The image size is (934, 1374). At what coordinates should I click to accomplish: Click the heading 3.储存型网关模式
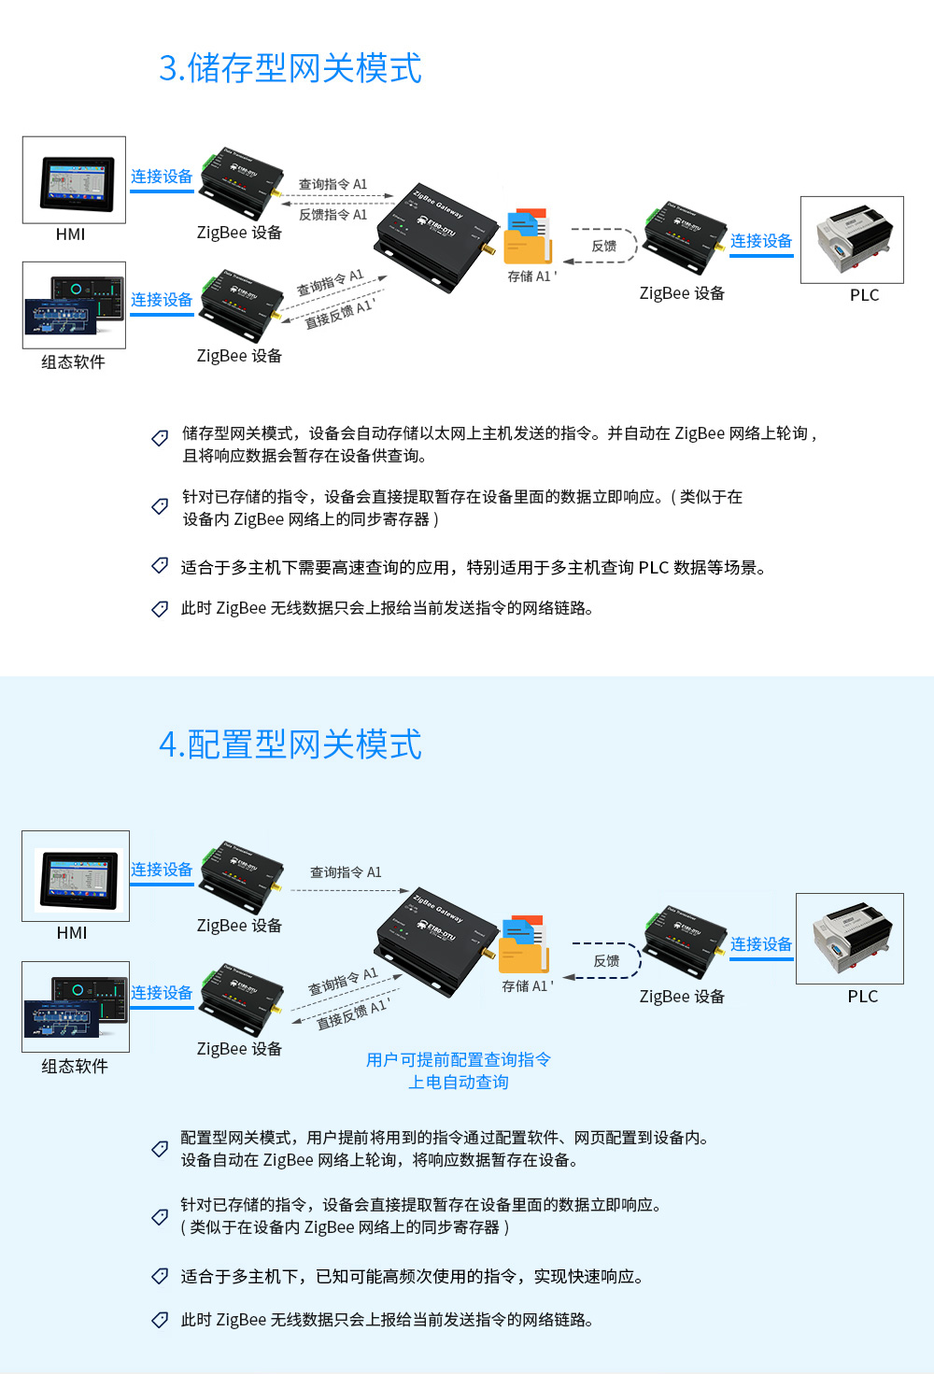tap(290, 68)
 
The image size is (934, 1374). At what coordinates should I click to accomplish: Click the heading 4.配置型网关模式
tap(290, 744)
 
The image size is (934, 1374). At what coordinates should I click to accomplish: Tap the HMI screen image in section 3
tap(75, 180)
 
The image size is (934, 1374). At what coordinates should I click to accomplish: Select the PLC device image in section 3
tap(852, 240)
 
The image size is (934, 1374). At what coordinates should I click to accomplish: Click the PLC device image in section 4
tap(850, 939)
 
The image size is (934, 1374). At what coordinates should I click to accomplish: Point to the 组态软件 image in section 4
tap(76, 1007)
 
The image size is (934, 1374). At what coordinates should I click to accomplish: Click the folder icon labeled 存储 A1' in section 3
tap(528, 237)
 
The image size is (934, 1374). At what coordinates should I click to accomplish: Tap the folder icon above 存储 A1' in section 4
tap(524, 944)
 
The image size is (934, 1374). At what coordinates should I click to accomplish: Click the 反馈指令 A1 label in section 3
tap(333, 215)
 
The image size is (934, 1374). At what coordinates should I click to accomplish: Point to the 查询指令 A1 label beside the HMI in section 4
tap(346, 872)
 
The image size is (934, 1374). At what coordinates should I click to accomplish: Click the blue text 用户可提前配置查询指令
tap(459, 1059)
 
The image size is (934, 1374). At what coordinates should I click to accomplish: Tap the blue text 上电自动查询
tap(459, 1083)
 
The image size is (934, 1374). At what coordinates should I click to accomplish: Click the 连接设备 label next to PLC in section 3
tap(761, 241)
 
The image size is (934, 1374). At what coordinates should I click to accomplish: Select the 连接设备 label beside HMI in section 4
tap(162, 870)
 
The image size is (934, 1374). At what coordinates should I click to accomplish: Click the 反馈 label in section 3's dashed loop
tap(604, 246)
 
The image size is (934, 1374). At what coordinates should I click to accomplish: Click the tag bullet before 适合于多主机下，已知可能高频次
tap(161, 1276)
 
